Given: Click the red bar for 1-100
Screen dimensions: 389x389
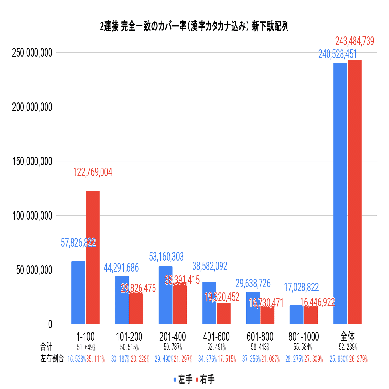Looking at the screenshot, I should (x=92, y=257).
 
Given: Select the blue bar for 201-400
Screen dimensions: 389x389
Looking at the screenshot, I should (x=166, y=295).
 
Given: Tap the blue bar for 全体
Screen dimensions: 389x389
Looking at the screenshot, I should (x=340, y=193).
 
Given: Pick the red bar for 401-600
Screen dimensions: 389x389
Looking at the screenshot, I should (x=223, y=314).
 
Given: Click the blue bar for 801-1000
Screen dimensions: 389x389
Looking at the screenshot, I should (x=297, y=315).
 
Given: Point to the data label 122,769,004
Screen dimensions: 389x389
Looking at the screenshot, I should (x=93, y=172).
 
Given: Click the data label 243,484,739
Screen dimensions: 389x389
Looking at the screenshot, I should (x=355, y=41).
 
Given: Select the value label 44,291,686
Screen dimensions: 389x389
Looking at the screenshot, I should (x=121, y=268).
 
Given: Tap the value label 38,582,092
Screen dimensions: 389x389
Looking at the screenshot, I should (x=210, y=266).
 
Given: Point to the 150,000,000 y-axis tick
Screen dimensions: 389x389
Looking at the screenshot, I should (x=32, y=161).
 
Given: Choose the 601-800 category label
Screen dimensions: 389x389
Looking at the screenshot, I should (x=260, y=336).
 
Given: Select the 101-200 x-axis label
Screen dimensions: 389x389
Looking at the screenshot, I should (x=129, y=336).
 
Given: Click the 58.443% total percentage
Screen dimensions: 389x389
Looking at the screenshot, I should (x=260, y=347).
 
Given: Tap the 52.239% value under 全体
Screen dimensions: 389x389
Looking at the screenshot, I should (x=348, y=347).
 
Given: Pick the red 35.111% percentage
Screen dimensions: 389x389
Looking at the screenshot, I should (x=96, y=359).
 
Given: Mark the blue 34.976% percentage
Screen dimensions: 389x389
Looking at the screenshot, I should (x=208, y=359).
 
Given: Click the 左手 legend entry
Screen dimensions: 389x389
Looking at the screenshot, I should (x=183, y=379).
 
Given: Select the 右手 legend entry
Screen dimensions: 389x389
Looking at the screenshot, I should (x=205, y=379).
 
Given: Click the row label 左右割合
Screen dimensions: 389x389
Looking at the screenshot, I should (x=52, y=359).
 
